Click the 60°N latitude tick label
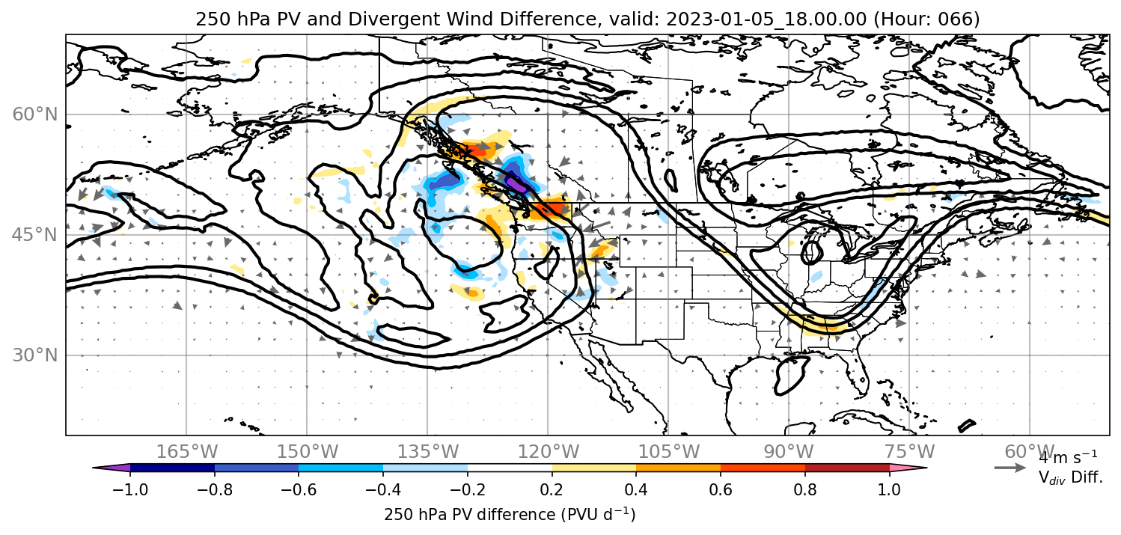coord(35,114)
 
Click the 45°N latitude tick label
coord(35,235)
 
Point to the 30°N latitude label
coord(35,355)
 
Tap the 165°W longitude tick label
coord(186,452)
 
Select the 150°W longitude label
coord(308,452)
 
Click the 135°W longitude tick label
coord(428,452)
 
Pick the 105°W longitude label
coord(668,452)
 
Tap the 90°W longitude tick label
coord(789,452)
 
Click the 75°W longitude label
coord(909,452)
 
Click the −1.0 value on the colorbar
coord(130,489)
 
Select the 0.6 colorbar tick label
coord(721,489)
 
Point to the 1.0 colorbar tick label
coord(889,489)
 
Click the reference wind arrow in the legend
coord(1010,468)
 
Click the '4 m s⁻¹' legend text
coord(1068,457)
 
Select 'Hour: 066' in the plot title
coord(926,19)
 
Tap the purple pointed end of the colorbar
coord(111,468)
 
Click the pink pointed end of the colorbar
coord(908,468)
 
